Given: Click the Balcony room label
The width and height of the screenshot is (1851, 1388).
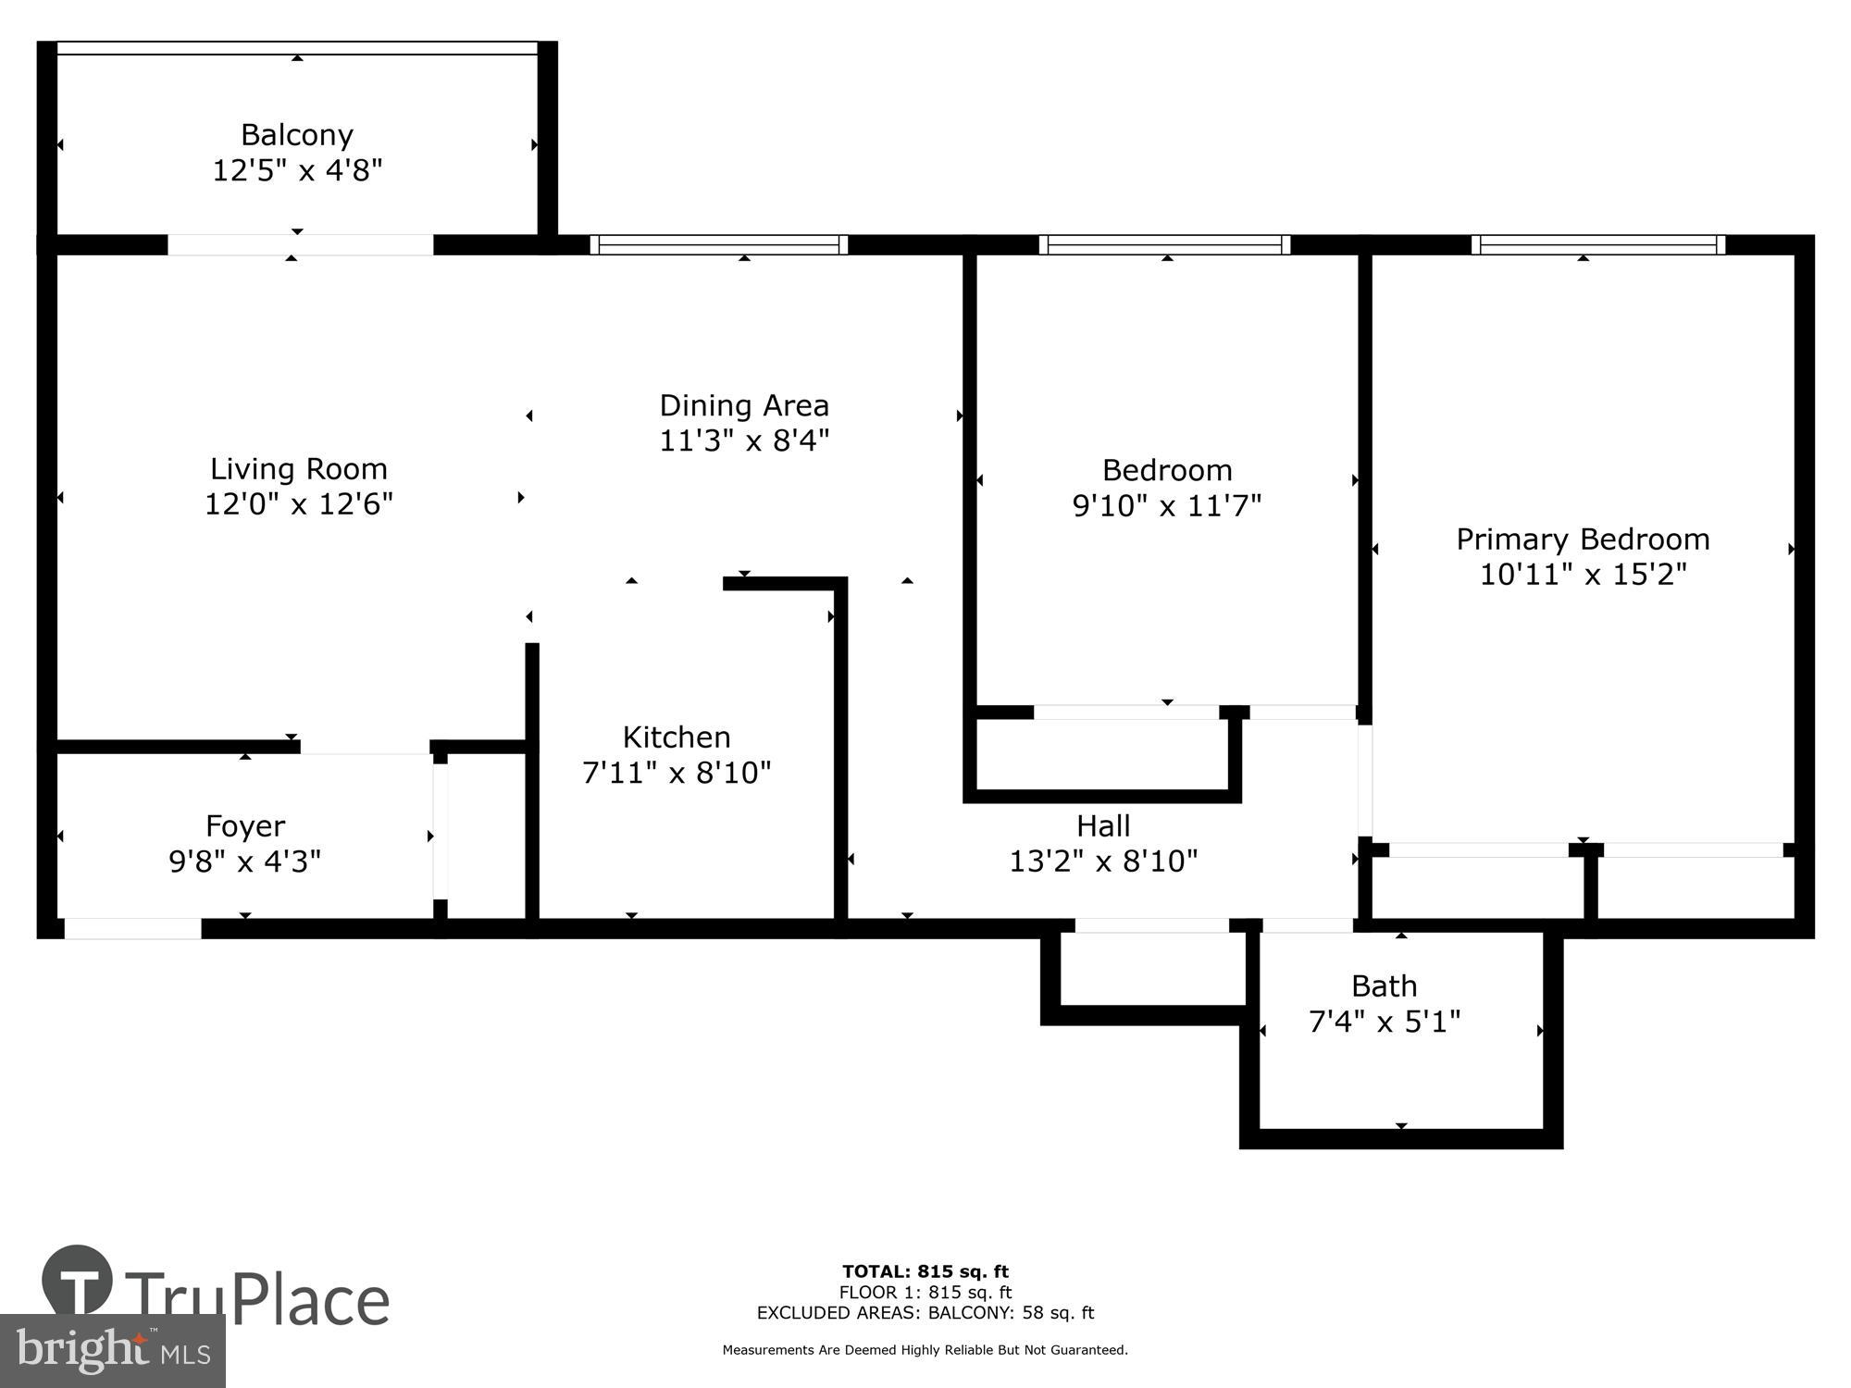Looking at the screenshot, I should pyautogui.click(x=297, y=135).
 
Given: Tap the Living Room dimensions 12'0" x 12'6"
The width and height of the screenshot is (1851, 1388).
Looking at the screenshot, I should pyautogui.click(x=299, y=504).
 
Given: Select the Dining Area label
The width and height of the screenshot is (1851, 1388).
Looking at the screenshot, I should pyautogui.click(x=744, y=405).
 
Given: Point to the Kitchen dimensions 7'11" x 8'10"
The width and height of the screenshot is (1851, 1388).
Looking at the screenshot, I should pyautogui.click(x=677, y=772).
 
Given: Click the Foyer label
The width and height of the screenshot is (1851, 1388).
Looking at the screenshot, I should pyautogui.click(x=245, y=825).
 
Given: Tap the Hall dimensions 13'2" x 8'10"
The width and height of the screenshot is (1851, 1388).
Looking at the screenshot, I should pyautogui.click(x=1103, y=861).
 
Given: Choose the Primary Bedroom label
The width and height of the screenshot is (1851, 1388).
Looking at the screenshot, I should pyautogui.click(x=1583, y=539).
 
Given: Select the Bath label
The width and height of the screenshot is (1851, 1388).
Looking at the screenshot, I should pyautogui.click(x=1384, y=985).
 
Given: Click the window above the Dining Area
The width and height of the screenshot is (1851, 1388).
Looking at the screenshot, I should pyautogui.click(x=719, y=244).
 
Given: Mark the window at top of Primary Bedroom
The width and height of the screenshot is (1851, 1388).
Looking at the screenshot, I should pyautogui.click(x=1598, y=244).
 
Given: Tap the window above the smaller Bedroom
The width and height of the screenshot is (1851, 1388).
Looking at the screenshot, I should pyautogui.click(x=1164, y=244).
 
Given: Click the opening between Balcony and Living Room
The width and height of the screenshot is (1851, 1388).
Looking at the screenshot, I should pyautogui.click(x=300, y=244).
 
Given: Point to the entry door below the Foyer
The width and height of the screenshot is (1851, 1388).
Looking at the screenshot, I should pyautogui.click(x=132, y=928).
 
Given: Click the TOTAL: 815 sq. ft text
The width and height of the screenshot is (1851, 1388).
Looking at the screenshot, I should pyautogui.click(x=925, y=1271).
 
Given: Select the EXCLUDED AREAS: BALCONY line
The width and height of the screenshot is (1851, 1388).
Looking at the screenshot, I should pyautogui.click(x=925, y=1313).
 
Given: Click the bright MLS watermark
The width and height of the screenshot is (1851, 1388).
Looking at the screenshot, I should pyautogui.click(x=112, y=1352).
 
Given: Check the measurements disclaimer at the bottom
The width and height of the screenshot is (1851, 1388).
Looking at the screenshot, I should pyautogui.click(x=925, y=1350).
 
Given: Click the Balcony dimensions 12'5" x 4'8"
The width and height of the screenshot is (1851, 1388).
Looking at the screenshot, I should pyautogui.click(x=297, y=170).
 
